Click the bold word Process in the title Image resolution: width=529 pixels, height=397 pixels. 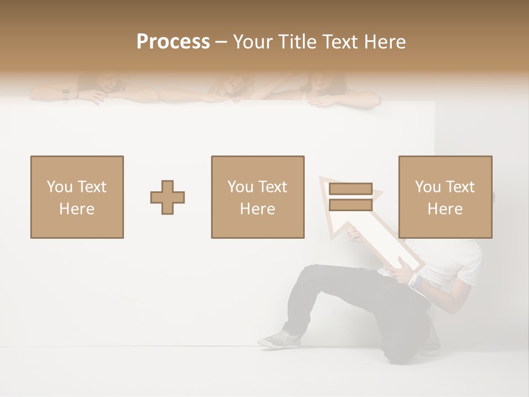point(173,42)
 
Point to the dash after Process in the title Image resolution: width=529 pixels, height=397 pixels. point(222,42)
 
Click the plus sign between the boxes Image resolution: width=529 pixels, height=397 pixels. point(168,197)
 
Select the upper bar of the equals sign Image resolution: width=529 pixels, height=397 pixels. point(350,189)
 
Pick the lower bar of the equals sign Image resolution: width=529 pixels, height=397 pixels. point(350,205)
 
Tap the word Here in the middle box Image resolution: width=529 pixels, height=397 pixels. point(258,209)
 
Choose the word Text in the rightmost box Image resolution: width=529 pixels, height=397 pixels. point(460,187)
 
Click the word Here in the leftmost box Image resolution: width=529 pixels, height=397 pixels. point(77,209)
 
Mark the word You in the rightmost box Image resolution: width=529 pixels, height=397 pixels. point(428,187)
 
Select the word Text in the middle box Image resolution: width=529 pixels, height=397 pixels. point(272,187)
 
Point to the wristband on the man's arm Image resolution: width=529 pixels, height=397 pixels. point(416,281)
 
